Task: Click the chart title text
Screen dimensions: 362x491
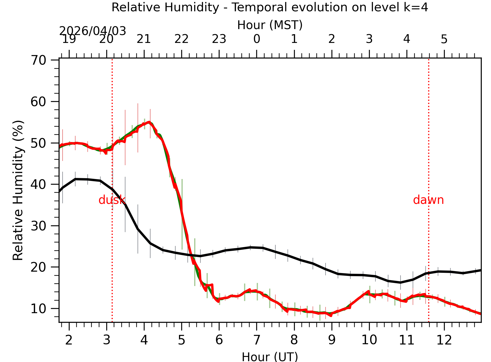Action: pyautogui.click(x=270, y=7)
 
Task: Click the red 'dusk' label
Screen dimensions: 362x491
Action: pyautogui.click(x=112, y=200)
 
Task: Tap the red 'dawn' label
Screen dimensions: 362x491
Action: pyautogui.click(x=428, y=200)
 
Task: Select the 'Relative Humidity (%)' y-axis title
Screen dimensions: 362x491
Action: pyautogui.click(x=18, y=190)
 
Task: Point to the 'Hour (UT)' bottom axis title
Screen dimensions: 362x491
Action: pyautogui.click(x=270, y=357)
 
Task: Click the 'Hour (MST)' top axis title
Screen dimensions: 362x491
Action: pyautogui.click(x=270, y=25)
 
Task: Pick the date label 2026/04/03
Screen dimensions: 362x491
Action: pyautogui.click(x=92, y=31)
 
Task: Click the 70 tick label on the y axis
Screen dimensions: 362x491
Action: pyautogui.click(x=38, y=60)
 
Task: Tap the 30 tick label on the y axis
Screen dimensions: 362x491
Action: pyautogui.click(x=38, y=226)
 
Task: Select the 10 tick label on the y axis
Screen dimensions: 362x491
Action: pyautogui.click(x=38, y=309)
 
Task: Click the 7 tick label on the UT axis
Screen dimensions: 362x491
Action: pyautogui.click(x=256, y=340)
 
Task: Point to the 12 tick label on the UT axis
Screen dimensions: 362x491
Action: pyautogui.click(x=444, y=340)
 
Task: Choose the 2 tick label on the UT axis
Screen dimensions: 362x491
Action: pyautogui.click(x=69, y=340)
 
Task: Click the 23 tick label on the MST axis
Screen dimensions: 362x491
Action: pyautogui.click(x=219, y=39)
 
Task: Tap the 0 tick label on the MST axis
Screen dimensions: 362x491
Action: pyautogui.click(x=256, y=39)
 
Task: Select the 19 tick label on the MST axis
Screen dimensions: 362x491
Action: pyautogui.click(x=69, y=39)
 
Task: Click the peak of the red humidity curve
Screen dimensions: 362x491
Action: pyautogui.click(x=149, y=122)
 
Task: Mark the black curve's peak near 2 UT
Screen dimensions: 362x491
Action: pyautogui.click(x=76, y=179)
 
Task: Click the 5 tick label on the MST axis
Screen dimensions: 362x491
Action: pyautogui.click(x=444, y=39)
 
